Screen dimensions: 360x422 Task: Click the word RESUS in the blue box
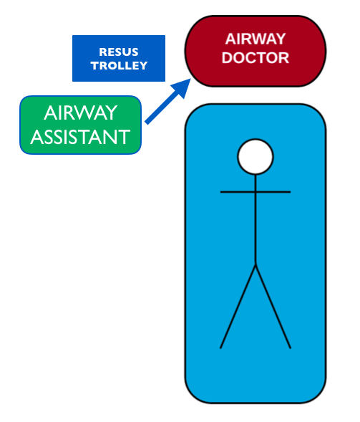119,52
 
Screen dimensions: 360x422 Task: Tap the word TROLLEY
119,66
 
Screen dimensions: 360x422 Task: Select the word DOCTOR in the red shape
255,57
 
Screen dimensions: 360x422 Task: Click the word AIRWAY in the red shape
255,39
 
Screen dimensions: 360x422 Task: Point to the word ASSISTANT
80,137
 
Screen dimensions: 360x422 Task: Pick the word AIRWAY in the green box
80,112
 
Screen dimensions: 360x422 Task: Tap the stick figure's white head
256,157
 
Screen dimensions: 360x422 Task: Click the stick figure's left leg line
238,307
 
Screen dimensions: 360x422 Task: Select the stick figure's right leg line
273,307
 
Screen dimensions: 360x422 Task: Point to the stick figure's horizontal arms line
256,192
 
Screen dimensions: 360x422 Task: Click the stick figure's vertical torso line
256,220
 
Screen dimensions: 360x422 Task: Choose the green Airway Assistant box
80,125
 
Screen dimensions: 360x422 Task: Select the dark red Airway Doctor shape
256,51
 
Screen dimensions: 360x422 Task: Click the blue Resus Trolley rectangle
119,58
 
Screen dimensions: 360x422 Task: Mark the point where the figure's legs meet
256,265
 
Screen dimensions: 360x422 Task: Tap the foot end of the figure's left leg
220,348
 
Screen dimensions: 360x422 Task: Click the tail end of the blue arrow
147,123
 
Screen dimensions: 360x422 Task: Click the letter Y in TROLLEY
143,66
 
